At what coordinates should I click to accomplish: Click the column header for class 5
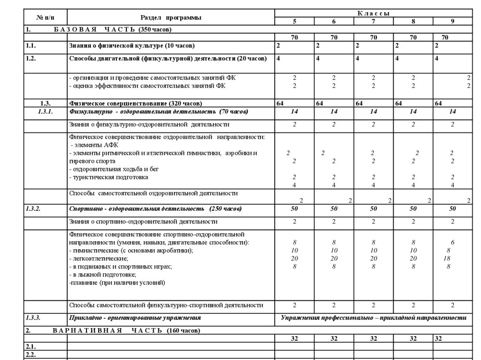coord(295,21)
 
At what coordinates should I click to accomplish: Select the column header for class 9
coord(452,21)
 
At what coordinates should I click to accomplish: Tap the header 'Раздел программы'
coord(171,17)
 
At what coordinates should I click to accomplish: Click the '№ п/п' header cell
coord(46,17)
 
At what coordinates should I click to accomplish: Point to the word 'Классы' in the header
coord(373,13)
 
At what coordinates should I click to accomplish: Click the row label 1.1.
coord(31,46)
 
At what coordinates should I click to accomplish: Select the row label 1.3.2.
coord(33,208)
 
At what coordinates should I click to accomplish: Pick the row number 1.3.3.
coord(33,318)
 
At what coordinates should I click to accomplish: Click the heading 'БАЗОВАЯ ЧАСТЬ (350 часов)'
coord(112,29)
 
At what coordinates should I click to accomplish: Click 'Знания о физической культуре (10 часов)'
coord(132,46)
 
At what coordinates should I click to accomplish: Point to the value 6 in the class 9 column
coord(452,242)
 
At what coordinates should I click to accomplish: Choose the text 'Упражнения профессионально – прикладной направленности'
coord(373,318)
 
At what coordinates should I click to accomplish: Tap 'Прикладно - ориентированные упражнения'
coord(135,318)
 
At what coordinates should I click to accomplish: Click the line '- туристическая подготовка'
coord(109,177)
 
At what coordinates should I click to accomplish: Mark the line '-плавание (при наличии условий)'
coord(117,283)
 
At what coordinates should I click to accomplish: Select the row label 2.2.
coord(31,354)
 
